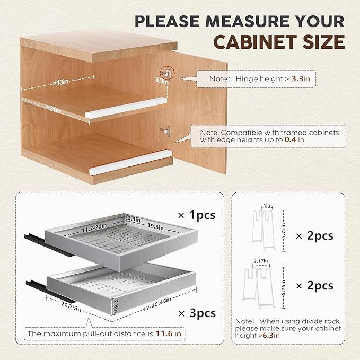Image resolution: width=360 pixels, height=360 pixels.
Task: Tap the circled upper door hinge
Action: [166, 74]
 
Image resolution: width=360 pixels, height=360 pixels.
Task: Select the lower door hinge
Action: [166, 131]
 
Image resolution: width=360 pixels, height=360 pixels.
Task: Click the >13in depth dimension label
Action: [60, 82]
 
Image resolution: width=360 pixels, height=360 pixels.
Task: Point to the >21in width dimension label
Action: [53, 109]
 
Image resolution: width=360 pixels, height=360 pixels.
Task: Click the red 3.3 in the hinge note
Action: [297, 79]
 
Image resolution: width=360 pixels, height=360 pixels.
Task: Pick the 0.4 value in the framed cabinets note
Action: [291, 139]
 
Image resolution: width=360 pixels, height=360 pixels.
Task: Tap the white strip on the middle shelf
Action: [125, 108]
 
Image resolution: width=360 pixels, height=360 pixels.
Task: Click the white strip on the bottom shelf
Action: [130, 162]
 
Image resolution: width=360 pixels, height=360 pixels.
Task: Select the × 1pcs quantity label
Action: [197, 215]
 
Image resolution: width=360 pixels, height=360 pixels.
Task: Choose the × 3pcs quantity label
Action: [197, 313]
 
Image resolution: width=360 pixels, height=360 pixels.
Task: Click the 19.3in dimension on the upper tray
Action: [156, 226]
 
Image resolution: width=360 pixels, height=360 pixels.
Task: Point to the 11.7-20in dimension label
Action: [94, 228]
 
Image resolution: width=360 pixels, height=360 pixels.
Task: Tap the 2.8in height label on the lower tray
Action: [116, 306]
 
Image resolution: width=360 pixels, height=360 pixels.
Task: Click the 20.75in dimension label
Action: [71, 306]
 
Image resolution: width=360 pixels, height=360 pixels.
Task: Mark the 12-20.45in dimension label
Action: [157, 304]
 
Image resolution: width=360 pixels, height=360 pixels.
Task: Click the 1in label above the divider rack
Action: [267, 206]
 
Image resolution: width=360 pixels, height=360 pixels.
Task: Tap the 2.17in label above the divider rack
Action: [261, 261]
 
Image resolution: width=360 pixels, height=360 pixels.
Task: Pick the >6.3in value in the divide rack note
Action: [269, 336]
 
